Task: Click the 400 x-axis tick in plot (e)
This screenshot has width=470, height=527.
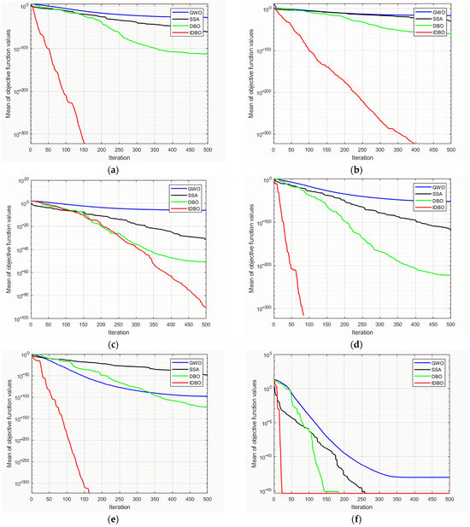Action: pyautogui.click(x=172, y=498)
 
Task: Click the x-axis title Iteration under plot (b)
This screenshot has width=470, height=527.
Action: pyautogui.click(x=361, y=157)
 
